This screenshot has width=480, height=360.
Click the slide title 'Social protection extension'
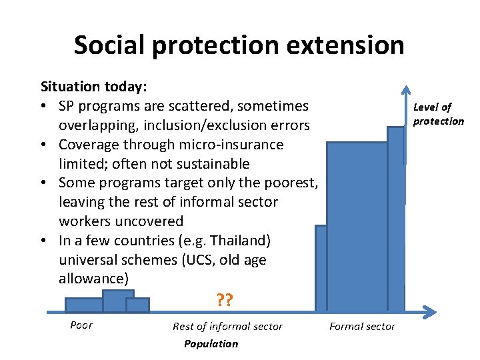coord(239,45)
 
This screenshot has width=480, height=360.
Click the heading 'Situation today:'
coord(94,87)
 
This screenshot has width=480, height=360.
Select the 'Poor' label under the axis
coord(81,325)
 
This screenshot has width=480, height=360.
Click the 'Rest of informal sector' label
coord(227,326)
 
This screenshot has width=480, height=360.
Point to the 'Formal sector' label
coord(362,326)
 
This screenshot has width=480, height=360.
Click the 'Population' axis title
coord(211,343)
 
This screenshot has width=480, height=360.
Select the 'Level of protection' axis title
coord(438,114)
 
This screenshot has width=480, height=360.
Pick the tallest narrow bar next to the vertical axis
coord(396,220)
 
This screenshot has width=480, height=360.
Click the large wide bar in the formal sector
coord(357,227)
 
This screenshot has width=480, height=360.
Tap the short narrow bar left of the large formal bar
coord(321,269)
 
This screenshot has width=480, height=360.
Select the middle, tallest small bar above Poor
coord(118,301)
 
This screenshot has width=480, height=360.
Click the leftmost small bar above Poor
coord(84,305)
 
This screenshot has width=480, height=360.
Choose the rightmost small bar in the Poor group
coord(137,305)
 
